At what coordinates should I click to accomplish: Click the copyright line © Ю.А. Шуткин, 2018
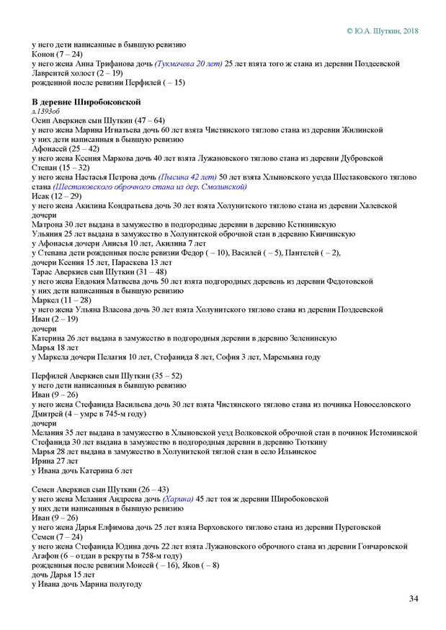click(x=382, y=32)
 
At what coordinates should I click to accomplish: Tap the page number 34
click(x=414, y=599)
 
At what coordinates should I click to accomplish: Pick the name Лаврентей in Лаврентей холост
click(x=53, y=73)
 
